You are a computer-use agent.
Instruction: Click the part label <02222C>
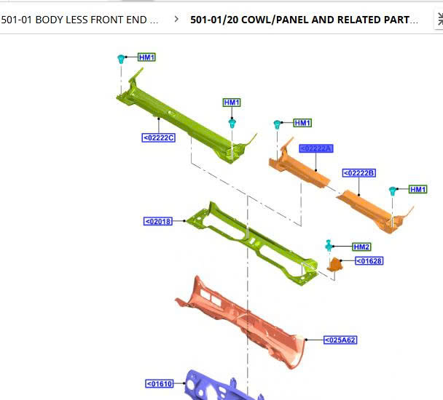[159, 137]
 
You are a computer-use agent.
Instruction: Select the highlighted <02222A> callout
[315, 148]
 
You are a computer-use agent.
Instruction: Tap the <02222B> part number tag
[359, 172]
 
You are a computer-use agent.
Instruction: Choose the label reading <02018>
[158, 221]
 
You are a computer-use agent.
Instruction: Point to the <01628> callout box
[369, 260]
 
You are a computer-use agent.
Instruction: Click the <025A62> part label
[341, 340]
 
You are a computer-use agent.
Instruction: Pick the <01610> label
[160, 383]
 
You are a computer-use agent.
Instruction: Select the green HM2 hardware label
[361, 247]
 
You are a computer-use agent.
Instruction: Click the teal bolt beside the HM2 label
[329, 245]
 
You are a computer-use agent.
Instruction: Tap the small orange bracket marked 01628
[334, 265]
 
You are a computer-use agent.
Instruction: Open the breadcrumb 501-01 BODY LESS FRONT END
[79, 20]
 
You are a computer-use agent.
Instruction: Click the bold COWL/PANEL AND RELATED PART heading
[304, 20]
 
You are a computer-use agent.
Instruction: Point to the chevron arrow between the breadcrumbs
[176, 20]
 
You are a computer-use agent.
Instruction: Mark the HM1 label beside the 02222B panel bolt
[417, 189]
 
